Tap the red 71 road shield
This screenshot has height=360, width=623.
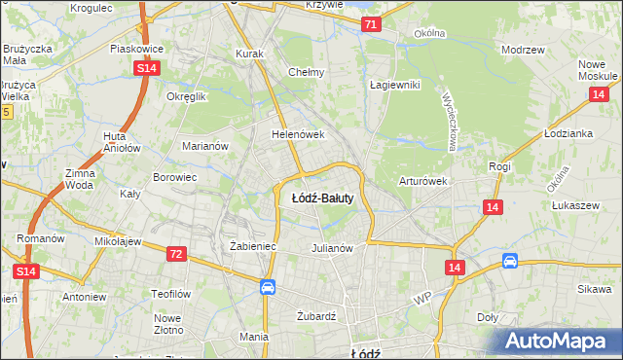[370, 24]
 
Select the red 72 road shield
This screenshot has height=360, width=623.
[175, 254]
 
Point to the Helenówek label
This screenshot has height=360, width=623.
[297, 134]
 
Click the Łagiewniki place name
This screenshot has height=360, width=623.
[394, 85]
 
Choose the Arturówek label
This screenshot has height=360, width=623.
[422, 181]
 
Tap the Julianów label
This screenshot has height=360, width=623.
[331, 248]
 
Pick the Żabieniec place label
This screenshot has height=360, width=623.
[253, 247]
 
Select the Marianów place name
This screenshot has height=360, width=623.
[205, 146]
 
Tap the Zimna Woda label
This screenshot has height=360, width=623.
[80, 178]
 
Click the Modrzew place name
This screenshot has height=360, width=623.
[521, 49]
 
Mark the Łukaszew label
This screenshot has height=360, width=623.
[573, 206]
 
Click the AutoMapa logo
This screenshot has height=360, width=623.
[555, 341]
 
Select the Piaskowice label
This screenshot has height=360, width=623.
[135, 48]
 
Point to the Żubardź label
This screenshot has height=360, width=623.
[316, 316]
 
